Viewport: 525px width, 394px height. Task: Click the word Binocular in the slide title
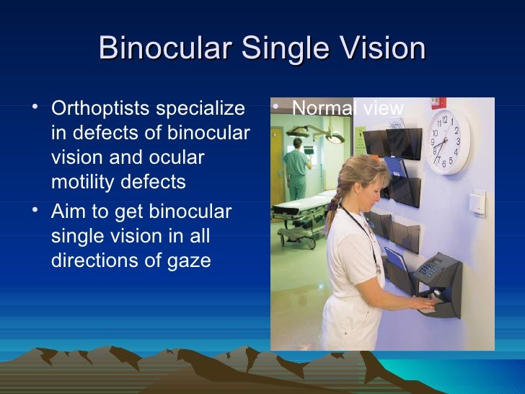(x=164, y=49)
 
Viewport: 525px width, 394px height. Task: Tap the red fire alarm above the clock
(x=438, y=102)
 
